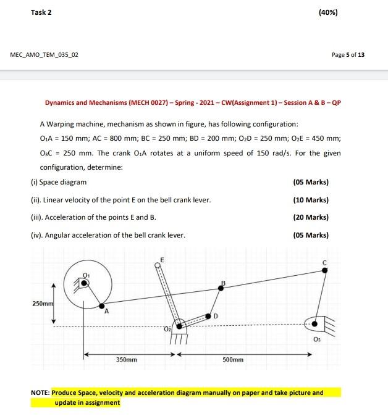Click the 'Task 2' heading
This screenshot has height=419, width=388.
(41, 12)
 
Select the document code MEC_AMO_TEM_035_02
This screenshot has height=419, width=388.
(44, 54)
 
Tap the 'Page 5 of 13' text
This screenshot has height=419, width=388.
(348, 54)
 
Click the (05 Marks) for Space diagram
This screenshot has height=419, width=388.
(311, 182)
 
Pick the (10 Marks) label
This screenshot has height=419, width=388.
(311, 200)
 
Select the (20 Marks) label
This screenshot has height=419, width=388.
(311, 217)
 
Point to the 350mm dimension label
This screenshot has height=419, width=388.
(127, 359)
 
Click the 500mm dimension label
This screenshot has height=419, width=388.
(233, 359)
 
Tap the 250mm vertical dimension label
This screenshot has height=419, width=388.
(43, 304)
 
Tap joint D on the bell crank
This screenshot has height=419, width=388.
(208, 315)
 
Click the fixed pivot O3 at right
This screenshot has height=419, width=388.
(316, 323)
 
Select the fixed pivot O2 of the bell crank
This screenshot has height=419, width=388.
(180, 326)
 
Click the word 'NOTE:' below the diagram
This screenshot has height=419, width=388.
(40, 392)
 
